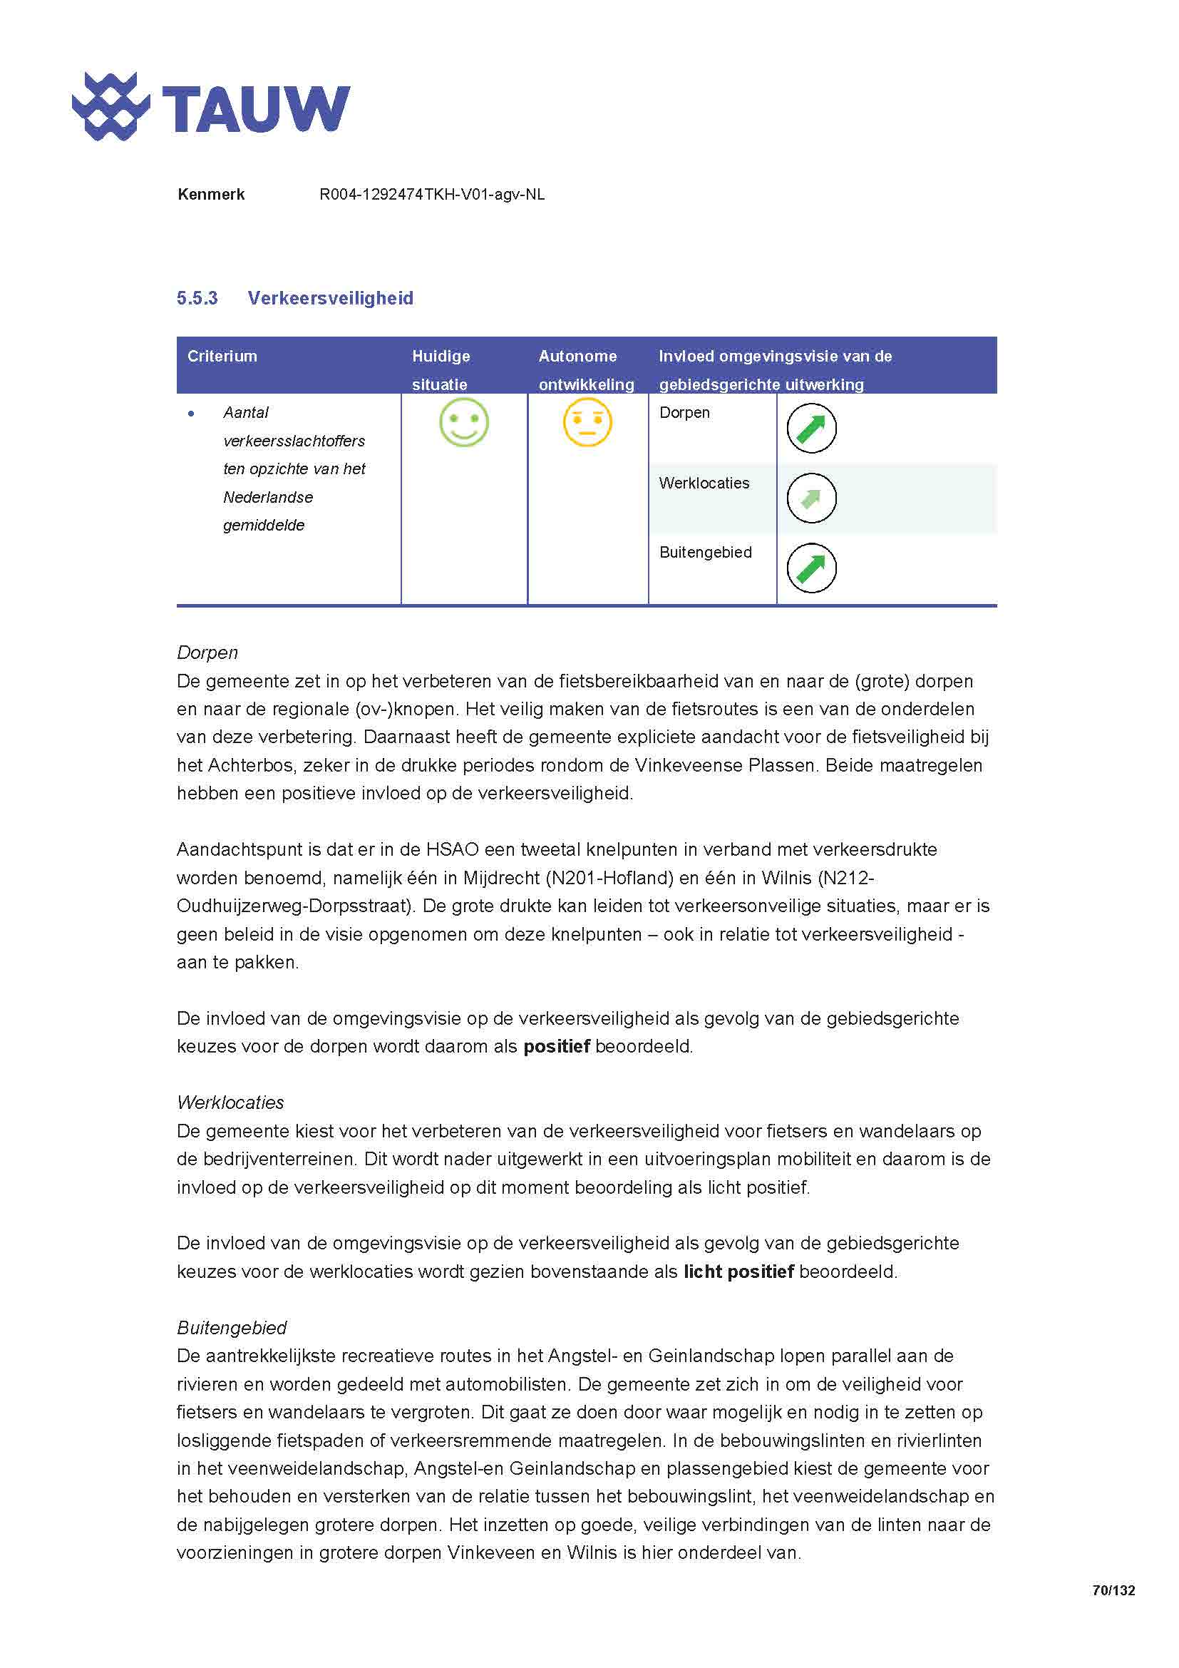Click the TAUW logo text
coord(256,109)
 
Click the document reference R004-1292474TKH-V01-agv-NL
coord(432,195)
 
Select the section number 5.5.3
coord(197,299)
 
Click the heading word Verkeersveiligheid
coord(330,299)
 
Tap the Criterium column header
coord(222,357)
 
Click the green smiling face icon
coord(464,423)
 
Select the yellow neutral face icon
coord(587,423)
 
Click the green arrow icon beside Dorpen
coord(811,429)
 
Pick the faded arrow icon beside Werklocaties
coord(811,498)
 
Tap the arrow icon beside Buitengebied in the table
coord(811,568)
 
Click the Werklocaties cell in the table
coord(704,483)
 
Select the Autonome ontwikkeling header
coord(585,370)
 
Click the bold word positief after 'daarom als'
coord(556,1047)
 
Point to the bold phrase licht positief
coord(738,1272)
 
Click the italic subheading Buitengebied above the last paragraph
coord(232,1328)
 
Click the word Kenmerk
coord(210,195)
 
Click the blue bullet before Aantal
coord(191,414)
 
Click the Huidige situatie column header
coord(441,370)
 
